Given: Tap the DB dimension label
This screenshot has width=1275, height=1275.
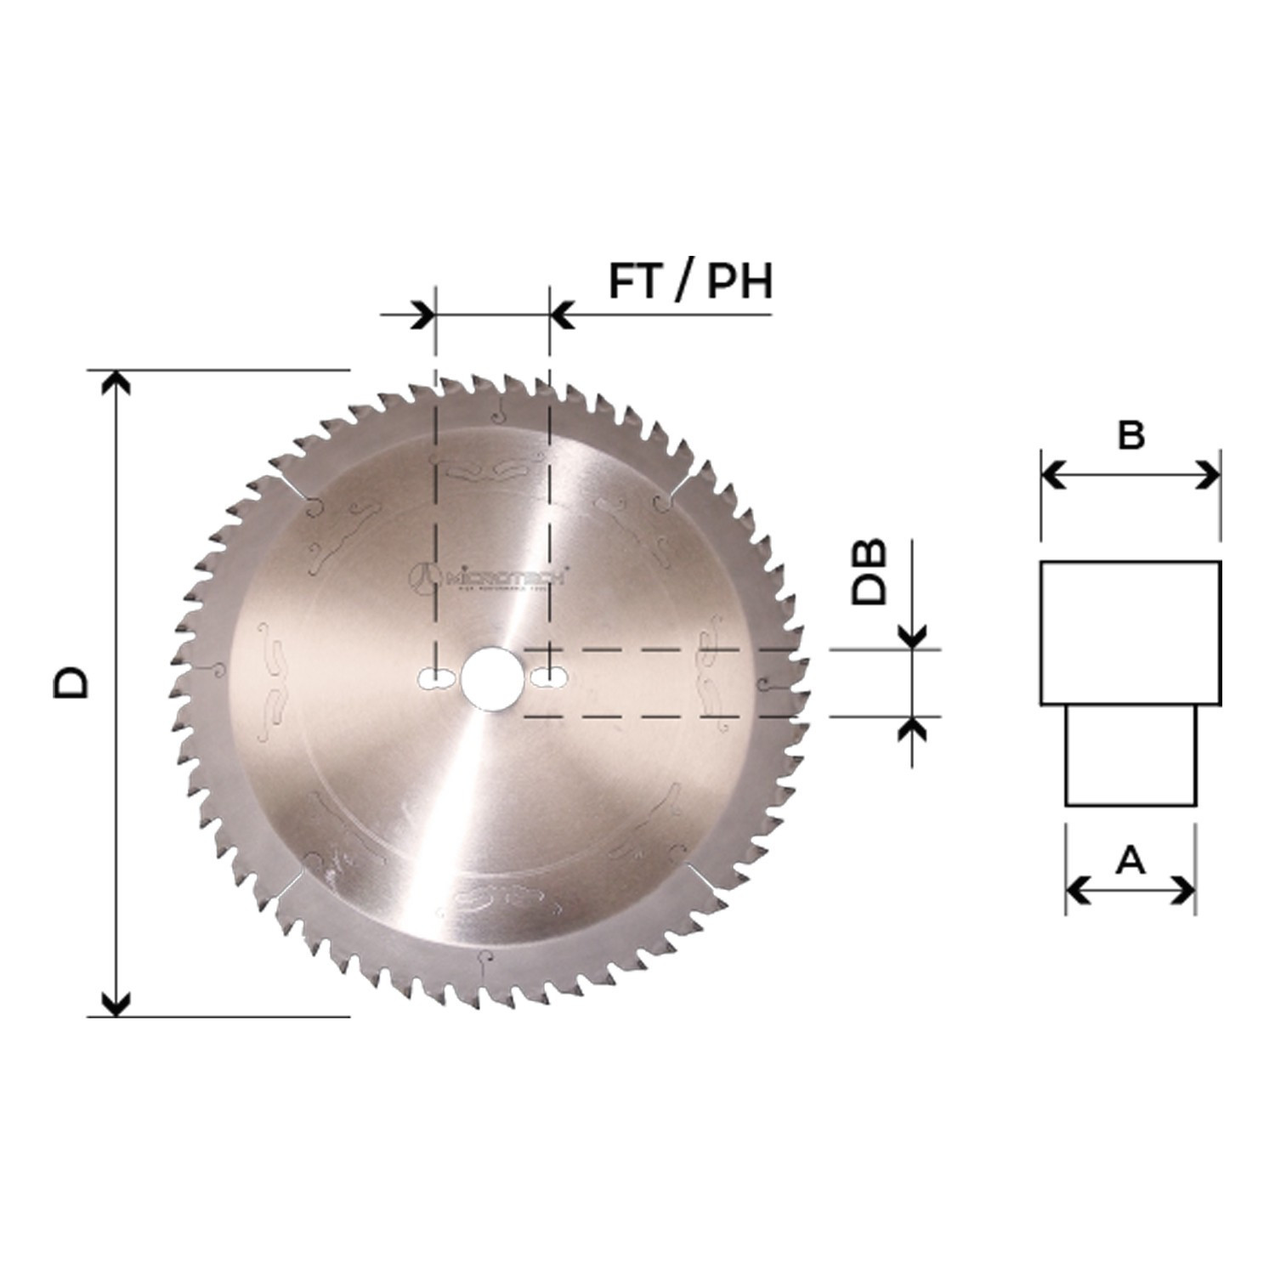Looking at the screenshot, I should click(870, 571).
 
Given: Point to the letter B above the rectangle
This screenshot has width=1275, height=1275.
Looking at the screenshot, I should click(1130, 435).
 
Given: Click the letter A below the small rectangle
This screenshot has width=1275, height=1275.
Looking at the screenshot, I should click(1130, 861).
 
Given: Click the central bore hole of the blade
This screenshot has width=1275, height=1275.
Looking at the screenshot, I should click(491, 677).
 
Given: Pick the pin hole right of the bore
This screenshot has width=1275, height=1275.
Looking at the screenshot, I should click(549, 677).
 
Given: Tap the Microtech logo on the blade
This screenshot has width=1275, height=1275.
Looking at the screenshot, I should click(493, 577).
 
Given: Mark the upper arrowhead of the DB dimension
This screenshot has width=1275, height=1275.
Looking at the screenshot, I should click(912, 636).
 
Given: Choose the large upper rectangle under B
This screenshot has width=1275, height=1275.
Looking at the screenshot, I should click(1130, 632).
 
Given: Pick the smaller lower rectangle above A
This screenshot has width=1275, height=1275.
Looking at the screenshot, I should click(1130, 756).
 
